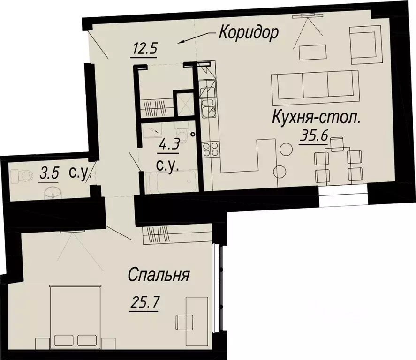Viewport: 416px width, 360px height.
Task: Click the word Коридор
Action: point(249,33)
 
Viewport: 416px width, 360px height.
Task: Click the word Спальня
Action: point(159,275)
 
